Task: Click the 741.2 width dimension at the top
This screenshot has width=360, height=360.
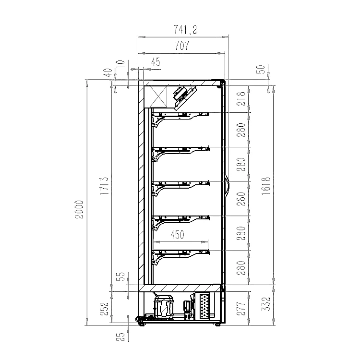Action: pos(185,30)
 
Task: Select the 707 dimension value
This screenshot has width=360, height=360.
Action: pos(182,46)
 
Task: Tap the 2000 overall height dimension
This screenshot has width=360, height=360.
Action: pos(80,210)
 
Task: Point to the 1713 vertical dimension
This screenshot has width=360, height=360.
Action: pos(104,186)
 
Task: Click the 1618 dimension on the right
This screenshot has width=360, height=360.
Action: pos(266,186)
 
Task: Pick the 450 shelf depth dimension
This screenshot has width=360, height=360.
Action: pos(177,235)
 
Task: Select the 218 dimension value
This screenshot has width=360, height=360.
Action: pos(241,99)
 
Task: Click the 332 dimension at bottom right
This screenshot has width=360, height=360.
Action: pos(266,304)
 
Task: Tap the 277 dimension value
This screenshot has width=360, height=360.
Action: pos(241,309)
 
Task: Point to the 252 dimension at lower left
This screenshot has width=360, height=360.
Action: pos(104,309)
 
